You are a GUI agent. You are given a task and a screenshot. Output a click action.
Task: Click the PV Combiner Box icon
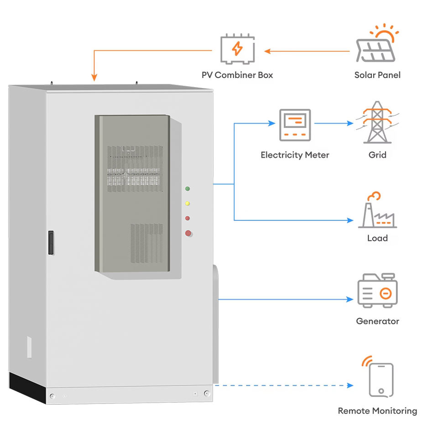pos(237,49)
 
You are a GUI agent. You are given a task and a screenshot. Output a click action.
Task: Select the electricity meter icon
pos(295,125)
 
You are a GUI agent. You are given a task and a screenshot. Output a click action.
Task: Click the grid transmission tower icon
pos(377,122)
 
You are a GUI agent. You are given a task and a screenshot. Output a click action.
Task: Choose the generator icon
pos(377,290)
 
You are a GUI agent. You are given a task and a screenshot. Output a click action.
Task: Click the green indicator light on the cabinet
pos(188,188)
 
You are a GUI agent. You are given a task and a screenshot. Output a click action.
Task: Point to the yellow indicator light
pos(188,203)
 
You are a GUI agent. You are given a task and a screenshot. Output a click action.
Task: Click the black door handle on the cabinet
pos(51,242)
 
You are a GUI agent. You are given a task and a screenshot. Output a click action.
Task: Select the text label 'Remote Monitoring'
pos(377,411)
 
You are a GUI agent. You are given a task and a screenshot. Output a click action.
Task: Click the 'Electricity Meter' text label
pos(295,155)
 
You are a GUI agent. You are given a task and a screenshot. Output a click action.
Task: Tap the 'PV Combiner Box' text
pos(237,75)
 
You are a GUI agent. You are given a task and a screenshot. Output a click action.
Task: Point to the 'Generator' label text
pos(377,321)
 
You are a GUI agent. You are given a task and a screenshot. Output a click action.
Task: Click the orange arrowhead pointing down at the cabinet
pos(94,78)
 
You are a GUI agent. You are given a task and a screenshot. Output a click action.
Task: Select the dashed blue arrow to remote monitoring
pos(284,386)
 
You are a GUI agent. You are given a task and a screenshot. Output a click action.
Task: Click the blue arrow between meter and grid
pos(334,123)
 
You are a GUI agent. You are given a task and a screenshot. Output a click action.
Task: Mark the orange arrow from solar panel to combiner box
pos(307,51)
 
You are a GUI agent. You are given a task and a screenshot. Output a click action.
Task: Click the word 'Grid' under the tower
pos(377,155)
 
